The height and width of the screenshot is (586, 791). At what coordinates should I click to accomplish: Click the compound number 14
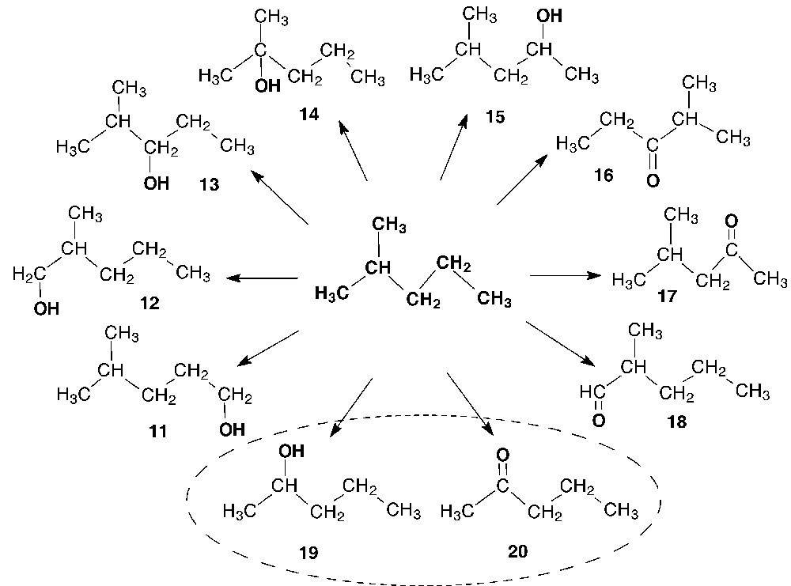point(309,115)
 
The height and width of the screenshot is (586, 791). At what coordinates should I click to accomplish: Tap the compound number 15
point(494,117)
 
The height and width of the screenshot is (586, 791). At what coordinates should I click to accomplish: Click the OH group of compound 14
point(267,85)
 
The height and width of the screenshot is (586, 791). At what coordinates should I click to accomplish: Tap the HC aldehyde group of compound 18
point(593,391)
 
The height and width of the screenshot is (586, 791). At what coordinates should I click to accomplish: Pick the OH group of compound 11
point(232,430)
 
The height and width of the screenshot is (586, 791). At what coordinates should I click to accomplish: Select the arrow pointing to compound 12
point(262,278)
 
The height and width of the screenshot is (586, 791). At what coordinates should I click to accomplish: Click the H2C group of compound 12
point(28,274)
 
